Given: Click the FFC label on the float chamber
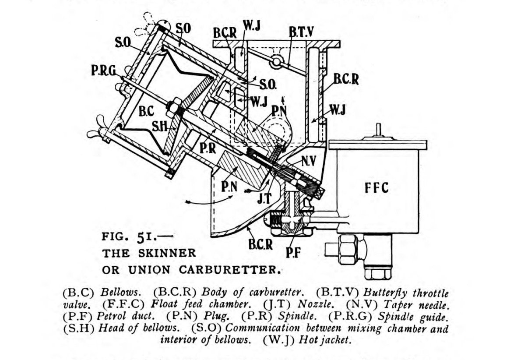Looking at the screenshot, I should pyautogui.click(x=376, y=187).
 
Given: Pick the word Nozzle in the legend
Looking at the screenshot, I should pyautogui.click(x=315, y=303).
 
